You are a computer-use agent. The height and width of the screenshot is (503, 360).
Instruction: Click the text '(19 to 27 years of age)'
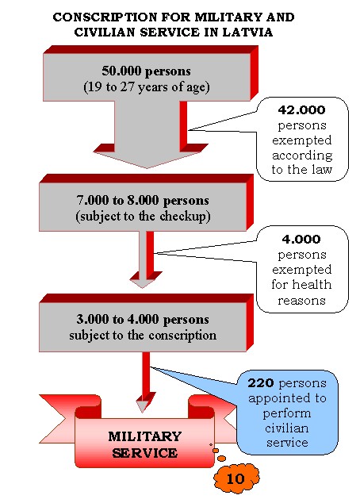(147, 87)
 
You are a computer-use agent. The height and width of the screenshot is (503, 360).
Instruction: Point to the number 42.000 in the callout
(301, 110)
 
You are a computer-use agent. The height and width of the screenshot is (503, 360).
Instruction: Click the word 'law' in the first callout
(322, 169)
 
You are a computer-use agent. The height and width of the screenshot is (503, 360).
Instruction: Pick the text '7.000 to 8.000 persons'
(143, 200)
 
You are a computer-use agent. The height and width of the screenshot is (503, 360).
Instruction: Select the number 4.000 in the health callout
(301, 240)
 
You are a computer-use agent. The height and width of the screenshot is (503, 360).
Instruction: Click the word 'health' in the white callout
(311, 284)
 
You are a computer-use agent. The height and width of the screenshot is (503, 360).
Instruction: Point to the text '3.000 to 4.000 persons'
(143, 319)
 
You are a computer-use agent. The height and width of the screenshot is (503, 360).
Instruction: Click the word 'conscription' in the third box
(182, 336)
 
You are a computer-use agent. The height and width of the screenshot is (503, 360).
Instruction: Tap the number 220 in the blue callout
(261, 382)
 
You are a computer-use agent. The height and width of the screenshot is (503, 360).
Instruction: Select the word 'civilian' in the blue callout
(287, 428)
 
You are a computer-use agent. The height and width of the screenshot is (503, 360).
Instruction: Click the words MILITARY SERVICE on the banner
(144, 444)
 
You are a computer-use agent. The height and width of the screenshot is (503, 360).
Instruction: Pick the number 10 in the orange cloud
(236, 478)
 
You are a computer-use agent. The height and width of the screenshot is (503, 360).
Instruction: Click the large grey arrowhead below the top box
(148, 159)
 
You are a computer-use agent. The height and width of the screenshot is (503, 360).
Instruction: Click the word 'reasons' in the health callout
(301, 301)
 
